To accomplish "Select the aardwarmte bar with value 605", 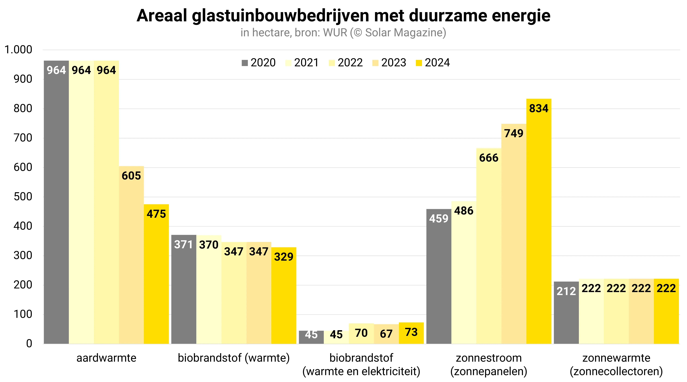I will [x=131, y=255].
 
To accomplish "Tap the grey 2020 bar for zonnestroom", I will [x=439, y=276].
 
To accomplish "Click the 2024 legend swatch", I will [x=419, y=63].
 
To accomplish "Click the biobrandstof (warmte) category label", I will [x=234, y=358].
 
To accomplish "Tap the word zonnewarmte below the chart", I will [x=616, y=358].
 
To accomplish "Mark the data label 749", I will [x=514, y=133].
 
